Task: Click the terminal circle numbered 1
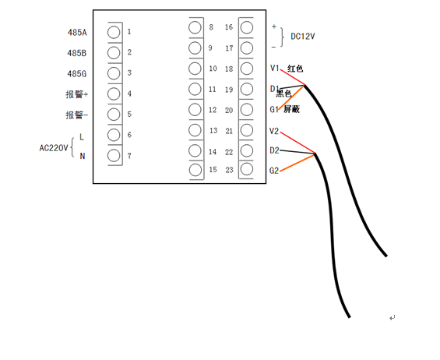click(114, 32)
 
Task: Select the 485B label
click(77, 53)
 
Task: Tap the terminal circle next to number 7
click(114, 156)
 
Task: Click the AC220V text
click(54, 148)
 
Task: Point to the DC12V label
click(302, 37)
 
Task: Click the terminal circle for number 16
click(247, 27)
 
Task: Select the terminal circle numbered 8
click(195, 27)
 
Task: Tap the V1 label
click(275, 68)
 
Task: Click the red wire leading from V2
click(297, 143)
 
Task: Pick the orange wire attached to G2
click(297, 163)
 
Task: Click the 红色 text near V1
click(295, 69)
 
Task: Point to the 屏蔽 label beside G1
click(291, 109)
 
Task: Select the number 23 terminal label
click(229, 170)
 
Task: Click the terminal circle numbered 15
click(195, 170)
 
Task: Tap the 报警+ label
click(77, 94)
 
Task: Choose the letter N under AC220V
click(83, 156)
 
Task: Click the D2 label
click(274, 151)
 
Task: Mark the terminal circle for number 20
click(247, 110)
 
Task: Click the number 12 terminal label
click(213, 110)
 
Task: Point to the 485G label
click(77, 74)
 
